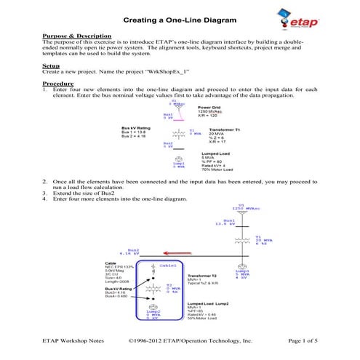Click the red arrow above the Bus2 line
point(135,249)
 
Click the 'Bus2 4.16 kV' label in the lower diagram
point(117,253)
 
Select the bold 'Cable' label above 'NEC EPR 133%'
point(111,264)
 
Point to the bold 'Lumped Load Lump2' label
point(211,303)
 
